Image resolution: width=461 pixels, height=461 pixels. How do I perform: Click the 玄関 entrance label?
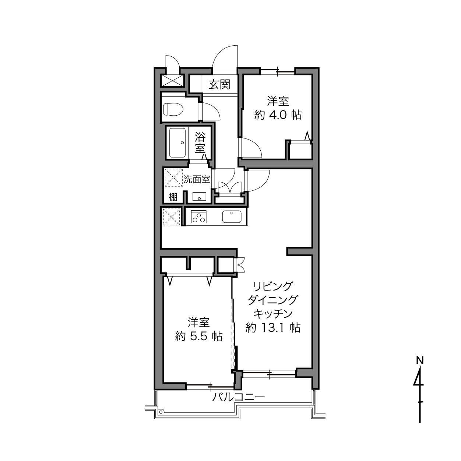[219, 84]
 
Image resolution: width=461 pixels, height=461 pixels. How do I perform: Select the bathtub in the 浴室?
[177, 142]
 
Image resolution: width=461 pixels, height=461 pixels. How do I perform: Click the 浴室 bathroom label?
[200, 142]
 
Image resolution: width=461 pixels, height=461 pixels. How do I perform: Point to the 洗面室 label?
[197, 179]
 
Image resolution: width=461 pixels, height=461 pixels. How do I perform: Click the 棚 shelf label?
[173, 197]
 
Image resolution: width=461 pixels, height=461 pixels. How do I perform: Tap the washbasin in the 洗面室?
[199, 197]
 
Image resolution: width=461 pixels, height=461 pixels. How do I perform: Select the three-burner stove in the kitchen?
[198, 217]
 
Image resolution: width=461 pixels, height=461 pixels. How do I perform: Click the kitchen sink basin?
[232, 217]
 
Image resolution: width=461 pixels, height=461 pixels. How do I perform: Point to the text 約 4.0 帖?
[278, 115]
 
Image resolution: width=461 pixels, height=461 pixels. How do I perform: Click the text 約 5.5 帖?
[198, 336]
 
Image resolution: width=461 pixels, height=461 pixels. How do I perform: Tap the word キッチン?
[273, 314]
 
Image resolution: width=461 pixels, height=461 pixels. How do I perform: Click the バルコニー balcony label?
[238, 397]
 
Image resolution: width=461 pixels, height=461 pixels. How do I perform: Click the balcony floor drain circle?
[161, 412]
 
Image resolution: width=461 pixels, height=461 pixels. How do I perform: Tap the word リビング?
[273, 286]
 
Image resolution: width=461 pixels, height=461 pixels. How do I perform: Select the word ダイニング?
[273, 300]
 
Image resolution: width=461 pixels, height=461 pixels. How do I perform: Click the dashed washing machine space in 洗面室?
[173, 177]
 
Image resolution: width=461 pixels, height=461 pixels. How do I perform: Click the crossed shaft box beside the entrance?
[172, 81]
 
